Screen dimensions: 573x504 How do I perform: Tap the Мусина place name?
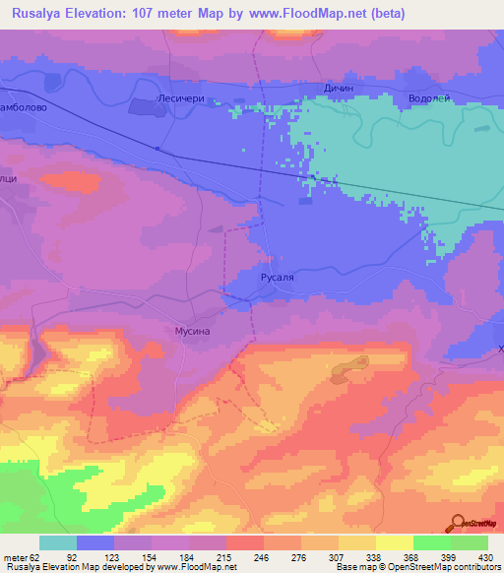click(193, 333)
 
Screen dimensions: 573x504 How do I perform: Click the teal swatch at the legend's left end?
click(58, 542)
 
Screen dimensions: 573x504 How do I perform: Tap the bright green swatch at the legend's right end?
click(469, 542)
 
